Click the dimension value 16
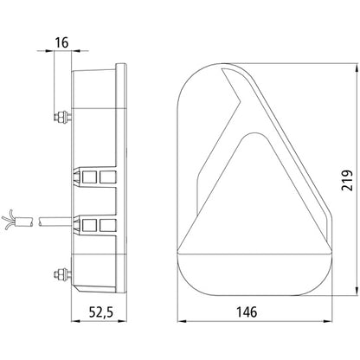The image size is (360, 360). (62, 42)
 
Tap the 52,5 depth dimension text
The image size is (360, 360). (101, 312)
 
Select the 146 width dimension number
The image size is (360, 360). (247, 312)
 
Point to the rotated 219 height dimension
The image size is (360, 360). (346, 181)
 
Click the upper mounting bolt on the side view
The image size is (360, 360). (62, 117)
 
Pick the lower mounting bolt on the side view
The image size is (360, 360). (62, 273)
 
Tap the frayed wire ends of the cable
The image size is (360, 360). (8, 220)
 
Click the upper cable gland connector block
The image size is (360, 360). (94, 177)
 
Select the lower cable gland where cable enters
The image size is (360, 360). (94, 225)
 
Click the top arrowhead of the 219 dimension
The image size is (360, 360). (357, 67)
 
